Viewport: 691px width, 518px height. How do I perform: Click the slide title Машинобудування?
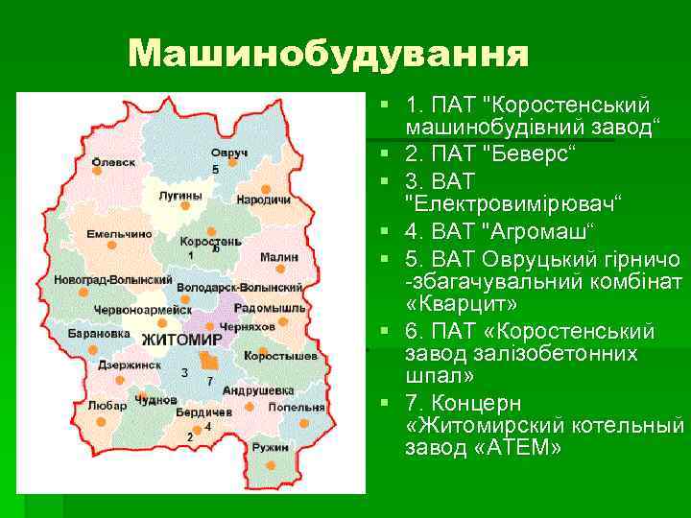tap(328, 54)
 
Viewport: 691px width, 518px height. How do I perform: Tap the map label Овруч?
tap(229, 153)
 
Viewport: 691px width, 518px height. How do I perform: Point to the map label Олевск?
tap(113, 163)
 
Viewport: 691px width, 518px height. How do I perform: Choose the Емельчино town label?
tap(119, 233)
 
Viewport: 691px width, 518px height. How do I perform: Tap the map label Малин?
tap(279, 257)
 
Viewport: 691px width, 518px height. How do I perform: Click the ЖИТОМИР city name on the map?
tap(181, 341)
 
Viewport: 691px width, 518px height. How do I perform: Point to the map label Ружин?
tap(270, 448)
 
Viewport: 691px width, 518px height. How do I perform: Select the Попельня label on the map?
tap(296, 407)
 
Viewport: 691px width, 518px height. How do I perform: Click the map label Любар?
tap(106, 406)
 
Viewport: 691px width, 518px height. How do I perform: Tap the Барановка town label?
tap(99, 334)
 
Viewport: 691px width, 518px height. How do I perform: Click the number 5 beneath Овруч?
tap(215, 169)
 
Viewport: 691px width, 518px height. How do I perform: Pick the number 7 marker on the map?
tap(209, 381)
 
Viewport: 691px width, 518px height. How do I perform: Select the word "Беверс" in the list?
tap(534, 153)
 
